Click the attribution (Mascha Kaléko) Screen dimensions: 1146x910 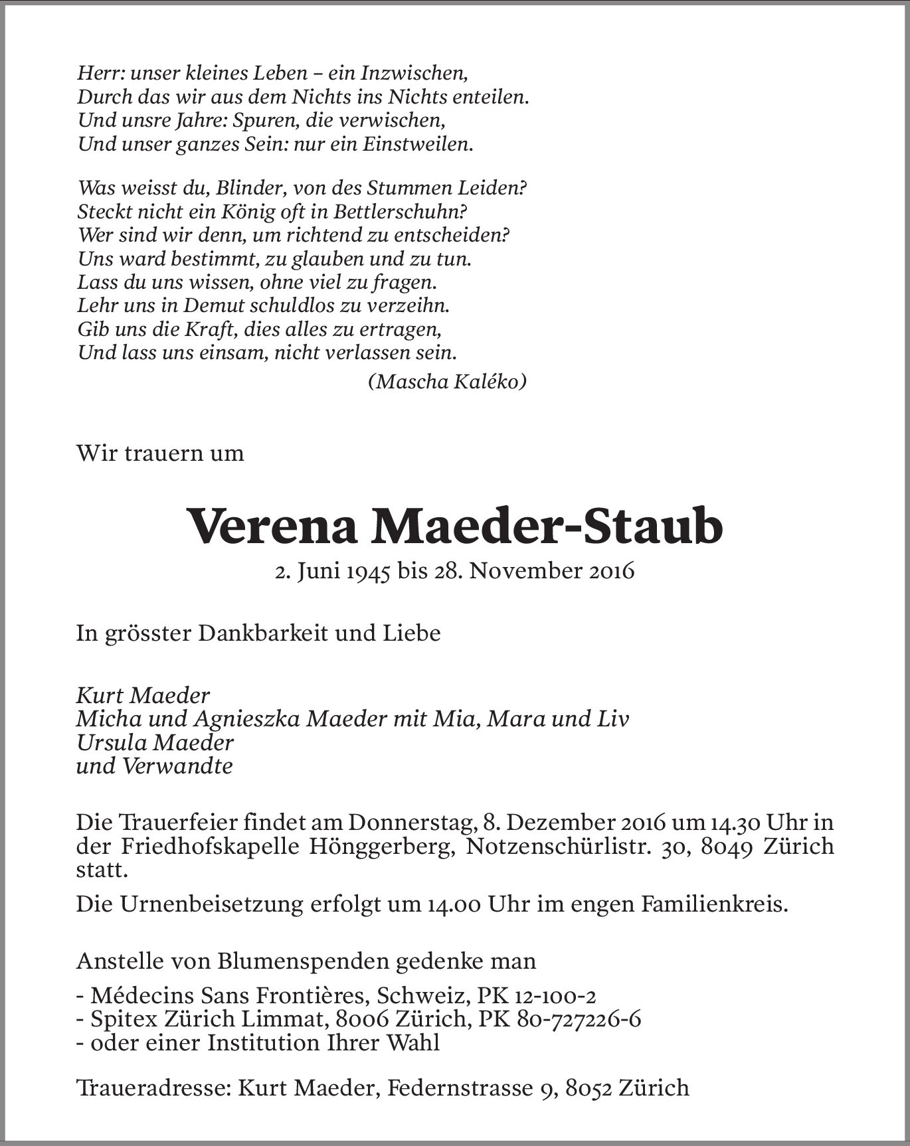[x=447, y=382]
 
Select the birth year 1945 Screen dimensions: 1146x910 [x=367, y=571]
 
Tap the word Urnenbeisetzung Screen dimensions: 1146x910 [x=209, y=904]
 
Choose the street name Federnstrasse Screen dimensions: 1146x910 [x=458, y=1088]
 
